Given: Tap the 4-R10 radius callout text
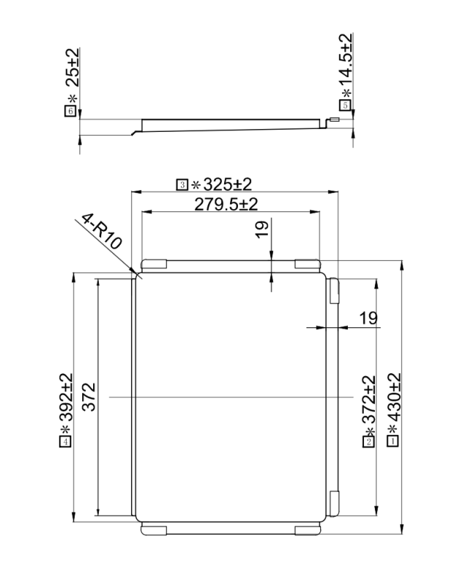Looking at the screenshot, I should tap(103, 235).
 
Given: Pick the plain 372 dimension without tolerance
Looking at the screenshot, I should tap(87, 397).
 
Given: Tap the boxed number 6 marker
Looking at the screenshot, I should tap(70, 111).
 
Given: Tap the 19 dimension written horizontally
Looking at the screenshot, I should tap(368, 317).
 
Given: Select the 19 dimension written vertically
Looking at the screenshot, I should tap(262, 229).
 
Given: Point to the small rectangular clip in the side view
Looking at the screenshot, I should tap(334, 120).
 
